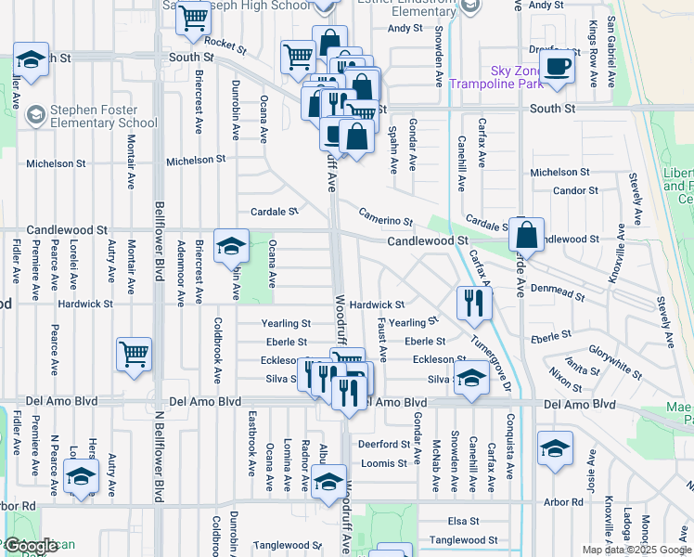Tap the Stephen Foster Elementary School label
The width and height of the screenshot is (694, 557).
(103, 115)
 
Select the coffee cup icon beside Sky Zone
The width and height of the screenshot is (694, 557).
(557, 67)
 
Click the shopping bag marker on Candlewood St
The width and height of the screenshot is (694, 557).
(526, 235)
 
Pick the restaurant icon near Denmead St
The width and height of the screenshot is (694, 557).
(474, 302)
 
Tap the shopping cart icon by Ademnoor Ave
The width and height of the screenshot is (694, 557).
(135, 354)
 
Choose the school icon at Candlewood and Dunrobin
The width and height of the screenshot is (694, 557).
(231, 246)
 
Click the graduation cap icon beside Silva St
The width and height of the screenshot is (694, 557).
(472, 379)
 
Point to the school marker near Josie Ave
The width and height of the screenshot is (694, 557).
(555, 449)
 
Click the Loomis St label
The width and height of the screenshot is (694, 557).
(383, 462)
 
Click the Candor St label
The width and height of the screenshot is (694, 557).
(574, 191)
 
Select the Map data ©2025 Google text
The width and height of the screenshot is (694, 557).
(636, 550)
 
